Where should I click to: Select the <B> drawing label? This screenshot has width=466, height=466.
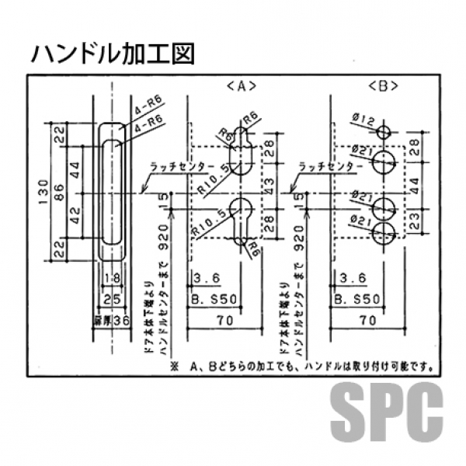pyautogui.click(x=380, y=86)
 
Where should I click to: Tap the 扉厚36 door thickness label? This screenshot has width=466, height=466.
pyautogui.click(x=109, y=318)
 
